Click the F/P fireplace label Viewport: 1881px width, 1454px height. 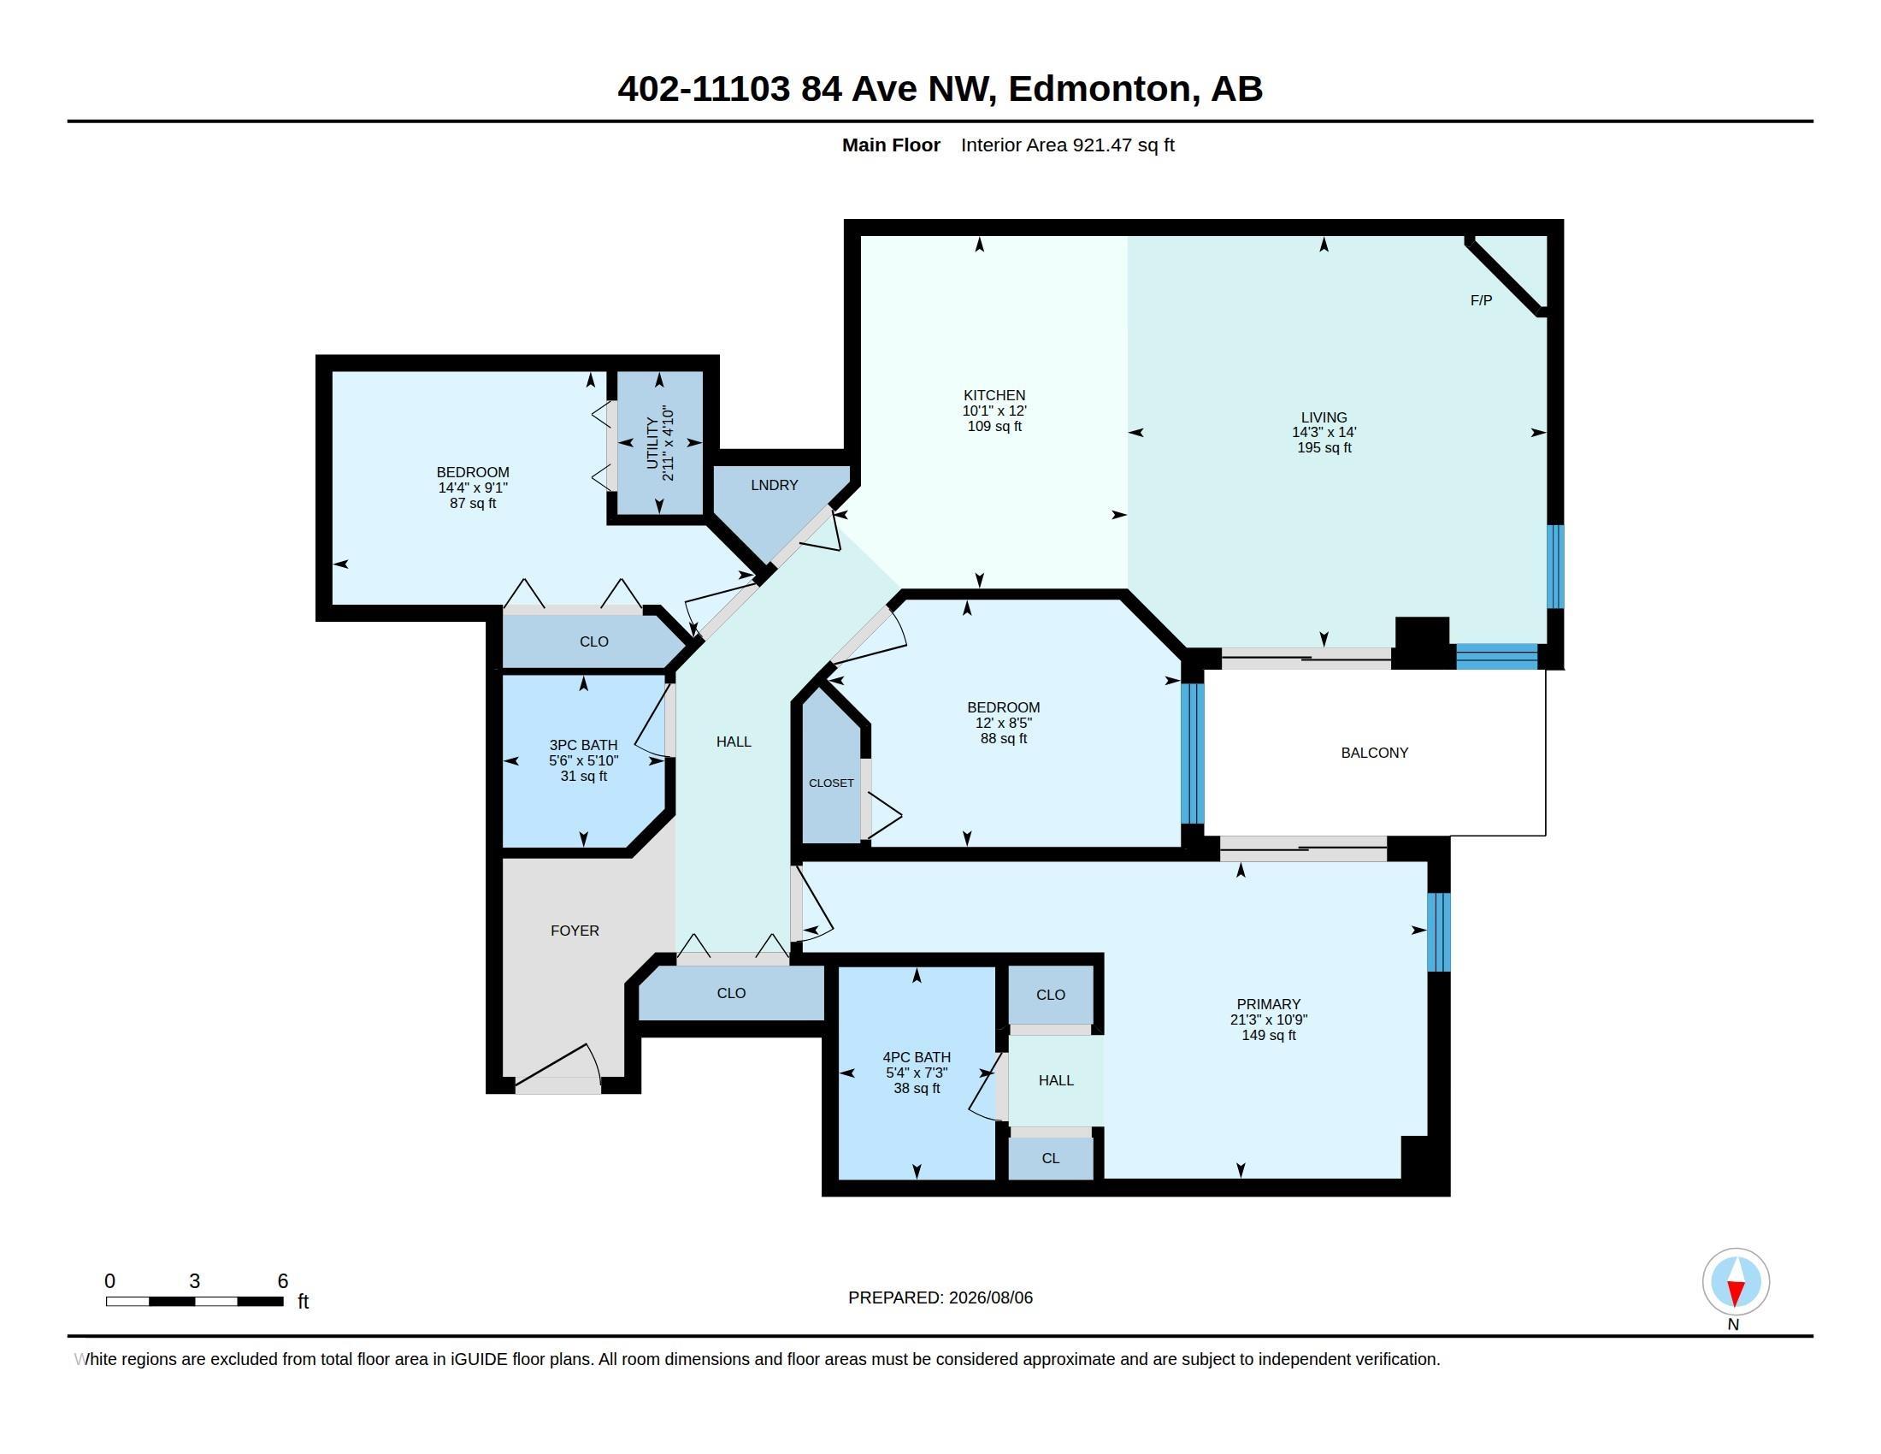click(x=1481, y=300)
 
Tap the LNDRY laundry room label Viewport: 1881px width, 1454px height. click(x=775, y=485)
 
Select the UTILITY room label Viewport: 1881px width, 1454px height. click(x=652, y=443)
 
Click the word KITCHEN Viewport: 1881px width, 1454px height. click(x=994, y=395)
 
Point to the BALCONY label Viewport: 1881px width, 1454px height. click(x=1375, y=753)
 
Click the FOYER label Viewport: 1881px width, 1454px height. click(x=575, y=931)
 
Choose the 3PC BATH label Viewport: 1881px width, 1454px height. click(x=584, y=745)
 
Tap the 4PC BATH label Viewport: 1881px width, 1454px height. click(x=917, y=1057)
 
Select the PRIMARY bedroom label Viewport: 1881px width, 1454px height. click(x=1269, y=1004)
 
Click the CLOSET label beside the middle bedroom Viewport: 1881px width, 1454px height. click(x=831, y=783)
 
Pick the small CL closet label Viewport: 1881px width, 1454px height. click(x=1051, y=1159)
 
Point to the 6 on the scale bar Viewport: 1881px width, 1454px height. click(x=282, y=1281)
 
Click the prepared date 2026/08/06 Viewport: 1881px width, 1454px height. click(x=990, y=1297)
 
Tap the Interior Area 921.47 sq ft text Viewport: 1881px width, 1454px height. click(x=1067, y=145)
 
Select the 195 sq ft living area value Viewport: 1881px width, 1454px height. click(x=1324, y=448)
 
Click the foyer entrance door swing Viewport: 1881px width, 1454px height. click(x=557, y=1064)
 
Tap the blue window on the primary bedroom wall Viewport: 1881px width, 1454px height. click(x=1438, y=932)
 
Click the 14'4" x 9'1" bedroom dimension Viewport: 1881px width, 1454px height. click(x=473, y=488)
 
